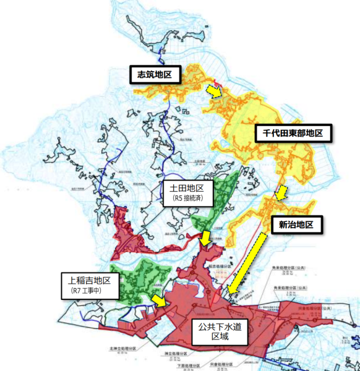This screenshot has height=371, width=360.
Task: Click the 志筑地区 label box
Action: pos(155,75)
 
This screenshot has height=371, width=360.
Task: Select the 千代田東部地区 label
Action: pos(293,132)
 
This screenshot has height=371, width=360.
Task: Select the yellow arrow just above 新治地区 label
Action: pos(281,192)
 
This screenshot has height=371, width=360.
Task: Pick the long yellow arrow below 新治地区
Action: pos(247,262)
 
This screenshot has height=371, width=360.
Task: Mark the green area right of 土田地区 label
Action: pos(226,192)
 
